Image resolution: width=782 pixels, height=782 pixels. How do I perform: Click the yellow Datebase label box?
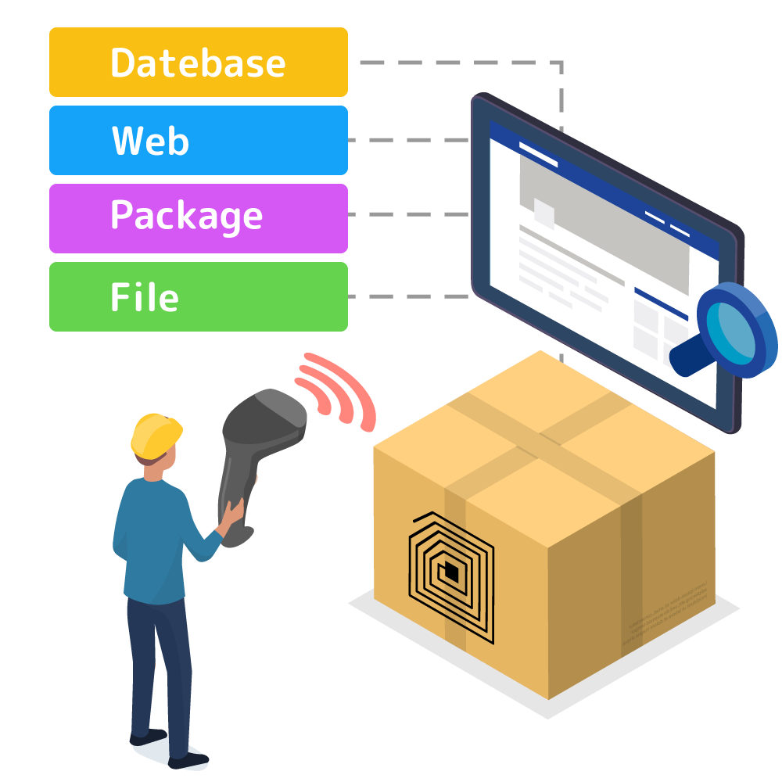(198, 63)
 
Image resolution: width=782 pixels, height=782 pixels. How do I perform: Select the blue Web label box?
(198, 141)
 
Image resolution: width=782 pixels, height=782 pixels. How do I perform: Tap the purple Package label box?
(198, 218)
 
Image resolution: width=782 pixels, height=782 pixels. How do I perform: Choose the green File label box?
(198, 296)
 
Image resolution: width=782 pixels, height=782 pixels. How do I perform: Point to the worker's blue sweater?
(152, 540)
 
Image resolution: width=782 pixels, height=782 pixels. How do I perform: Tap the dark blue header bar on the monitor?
(594, 172)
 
